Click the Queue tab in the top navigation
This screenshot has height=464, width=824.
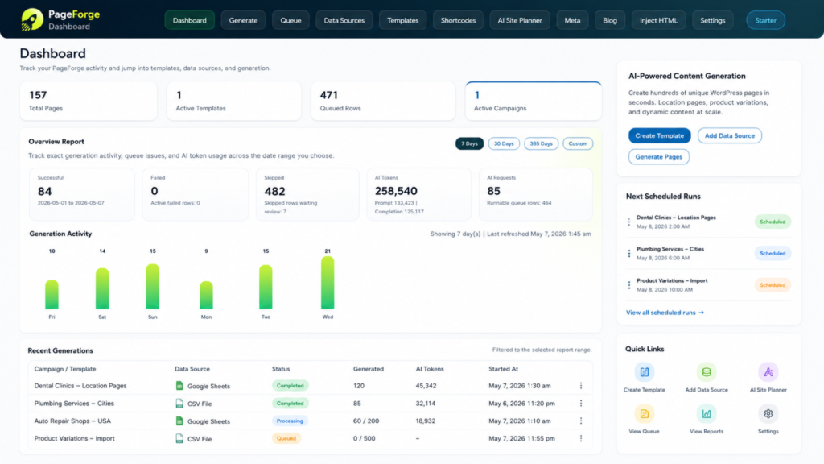(x=290, y=20)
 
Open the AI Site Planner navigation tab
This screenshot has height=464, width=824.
(x=519, y=20)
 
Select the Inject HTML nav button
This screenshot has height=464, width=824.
(x=658, y=20)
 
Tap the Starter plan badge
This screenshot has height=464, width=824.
(x=766, y=20)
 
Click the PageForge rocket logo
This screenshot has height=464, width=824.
(x=32, y=20)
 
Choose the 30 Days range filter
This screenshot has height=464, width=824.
(x=504, y=143)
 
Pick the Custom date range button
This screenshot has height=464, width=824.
(x=578, y=143)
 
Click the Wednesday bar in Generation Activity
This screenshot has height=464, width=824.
(x=328, y=283)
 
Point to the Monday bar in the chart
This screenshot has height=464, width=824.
(x=206, y=295)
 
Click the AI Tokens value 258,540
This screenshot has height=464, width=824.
(x=396, y=191)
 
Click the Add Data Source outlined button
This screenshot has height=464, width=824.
(x=729, y=135)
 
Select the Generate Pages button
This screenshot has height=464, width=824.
(x=658, y=157)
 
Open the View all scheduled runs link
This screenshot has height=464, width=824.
(x=665, y=313)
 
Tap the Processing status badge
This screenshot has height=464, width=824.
(x=290, y=420)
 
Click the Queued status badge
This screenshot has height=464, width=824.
(x=286, y=438)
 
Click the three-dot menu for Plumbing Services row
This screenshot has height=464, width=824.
(x=581, y=404)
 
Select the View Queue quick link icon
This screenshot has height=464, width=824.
(x=645, y=414)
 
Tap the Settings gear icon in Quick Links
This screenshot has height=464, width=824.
(x=768, y=414)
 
